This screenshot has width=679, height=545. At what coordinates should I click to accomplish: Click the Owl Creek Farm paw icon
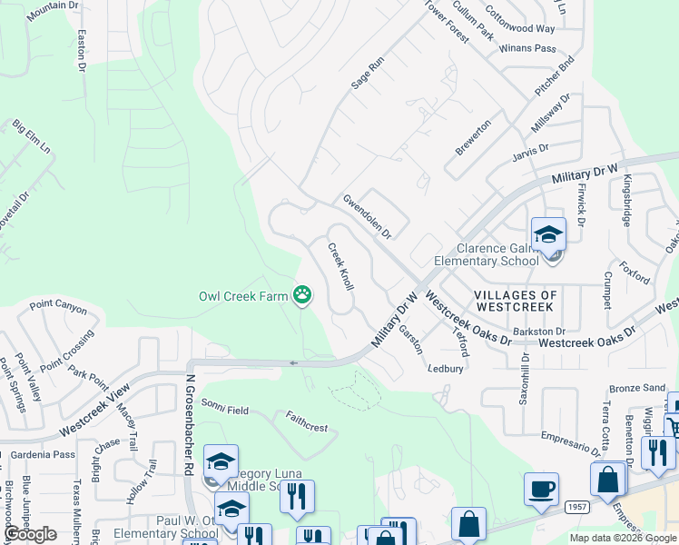click(x=301, y=294)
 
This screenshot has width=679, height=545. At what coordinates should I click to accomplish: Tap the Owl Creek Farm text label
click(x=242, y=296)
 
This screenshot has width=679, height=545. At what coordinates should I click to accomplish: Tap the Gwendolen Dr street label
click(x=366, y=216)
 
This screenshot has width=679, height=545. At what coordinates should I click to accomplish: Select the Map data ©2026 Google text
click(x=623, y=538)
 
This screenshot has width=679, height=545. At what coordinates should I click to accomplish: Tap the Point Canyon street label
click(x=58, y=309)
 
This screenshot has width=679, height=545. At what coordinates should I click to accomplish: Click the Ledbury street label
click(x=446, y=369)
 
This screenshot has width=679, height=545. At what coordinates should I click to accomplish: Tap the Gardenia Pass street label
click(x=38, y=454)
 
